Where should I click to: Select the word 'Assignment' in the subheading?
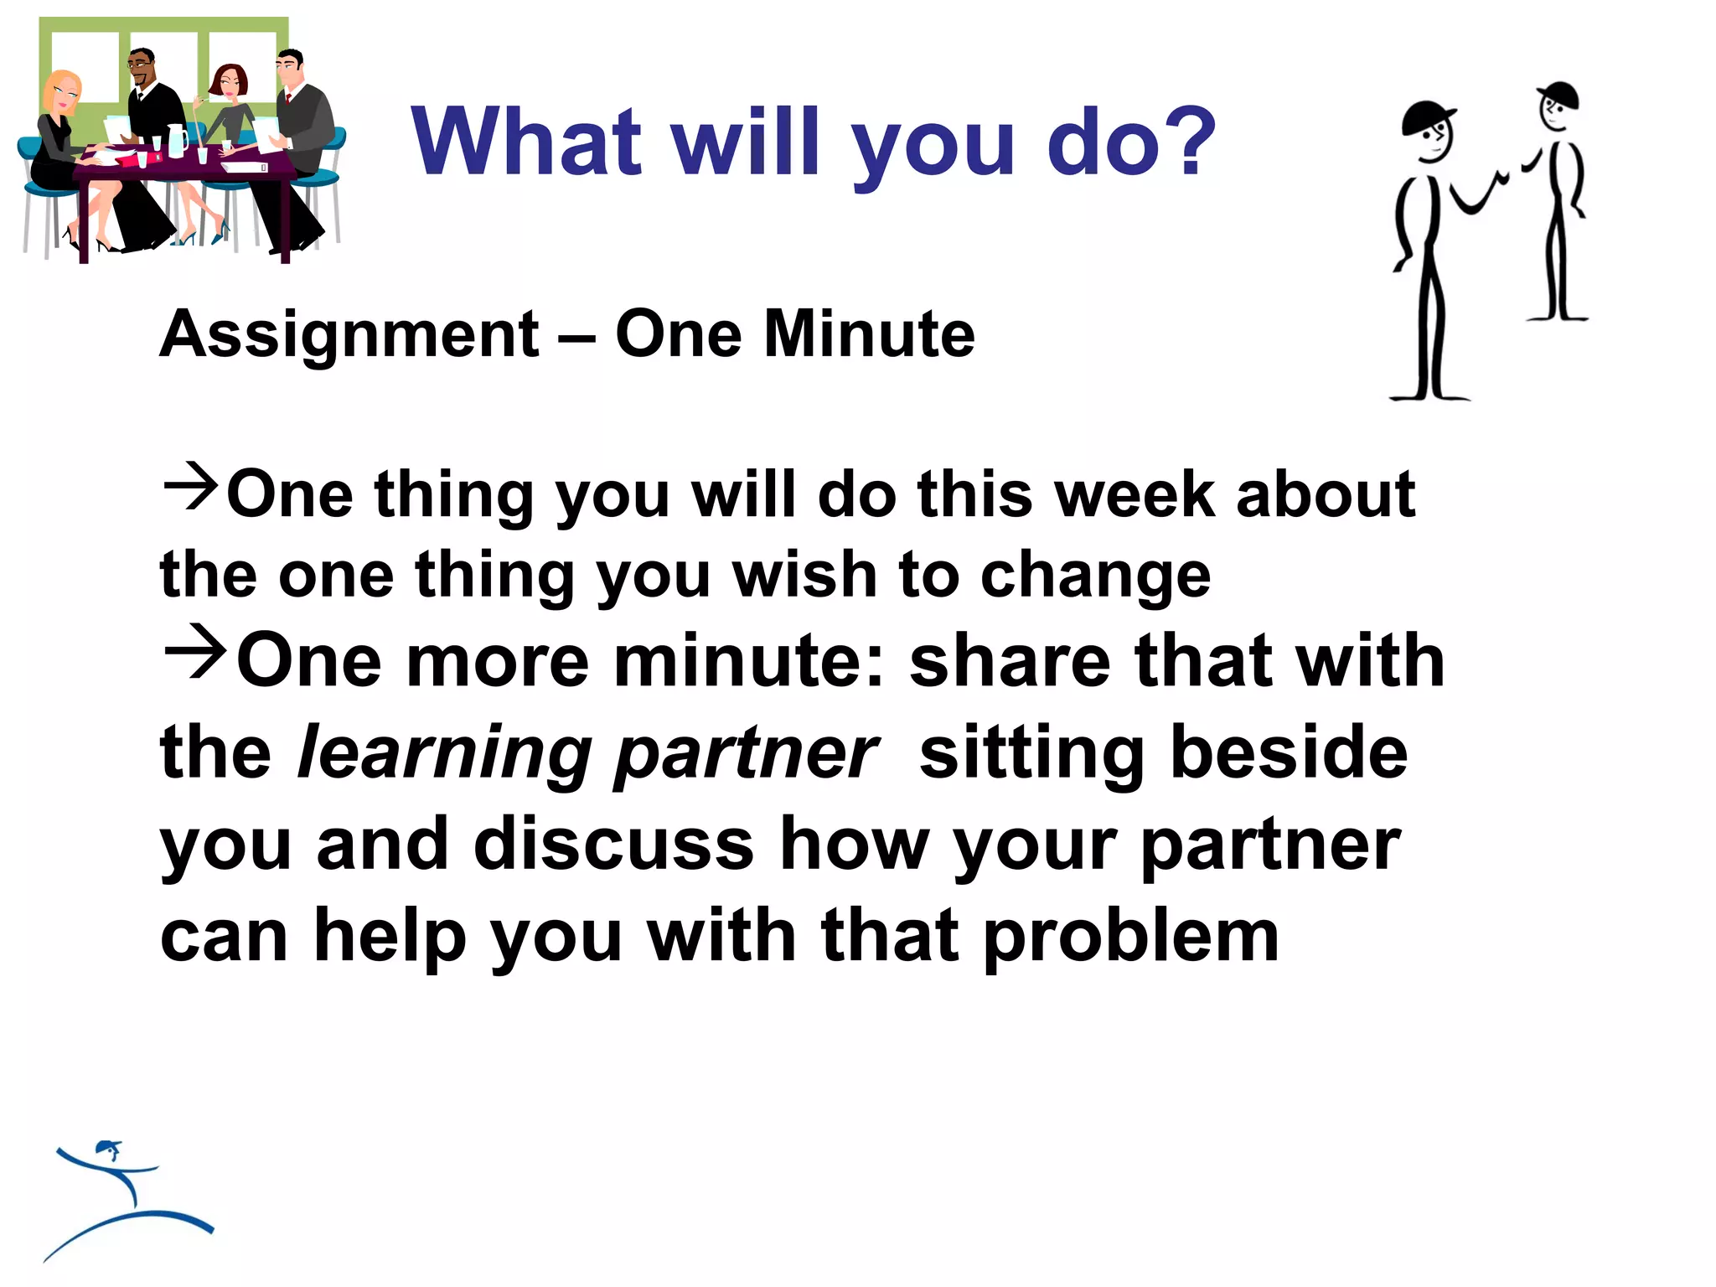pyautogui.click(x=349, y=335)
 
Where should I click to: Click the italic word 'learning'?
pyautogui.click(x=444, y=753)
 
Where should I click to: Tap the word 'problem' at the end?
pyautogui.click(x=1130, y=937)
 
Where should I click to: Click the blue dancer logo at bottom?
pyautogui.click(x=126, y=1198)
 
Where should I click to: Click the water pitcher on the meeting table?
pyautogui.click(x=177, y=140)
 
